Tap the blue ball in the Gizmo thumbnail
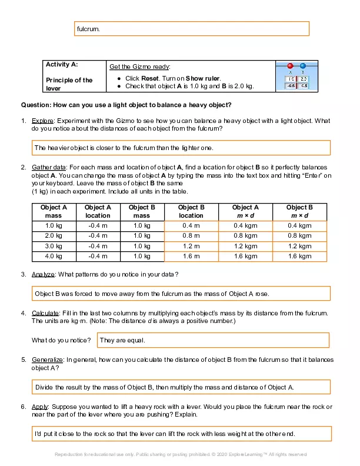303,66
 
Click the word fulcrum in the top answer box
88,28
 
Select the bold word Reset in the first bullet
152,78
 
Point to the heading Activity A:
62,65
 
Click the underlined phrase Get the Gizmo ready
140,66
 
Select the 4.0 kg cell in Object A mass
54,256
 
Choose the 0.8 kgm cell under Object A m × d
245,236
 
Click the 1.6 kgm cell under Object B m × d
299,256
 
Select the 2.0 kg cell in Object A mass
54,236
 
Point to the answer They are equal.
122,340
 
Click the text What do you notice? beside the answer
61,340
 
